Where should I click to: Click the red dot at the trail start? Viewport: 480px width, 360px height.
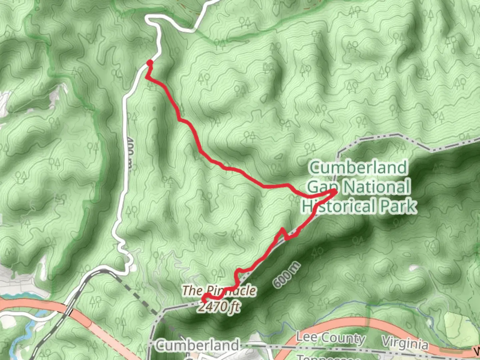tap(150, 62)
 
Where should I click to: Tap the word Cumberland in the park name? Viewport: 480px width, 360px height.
tap(358, 167)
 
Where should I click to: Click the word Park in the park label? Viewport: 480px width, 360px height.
tap(399, 206)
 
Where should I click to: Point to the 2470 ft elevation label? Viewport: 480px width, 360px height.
tap(219, 306)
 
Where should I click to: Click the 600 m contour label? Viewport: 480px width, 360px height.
tap(286, 275)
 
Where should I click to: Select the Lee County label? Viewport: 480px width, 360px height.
tap(330, 338)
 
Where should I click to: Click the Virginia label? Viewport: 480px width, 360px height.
tap(405, 343)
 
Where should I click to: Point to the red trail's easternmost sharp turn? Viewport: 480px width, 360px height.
tap(334, 191)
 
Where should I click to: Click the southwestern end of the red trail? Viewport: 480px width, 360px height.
tap(203, 301)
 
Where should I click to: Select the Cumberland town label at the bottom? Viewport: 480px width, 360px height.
tap(197, 345)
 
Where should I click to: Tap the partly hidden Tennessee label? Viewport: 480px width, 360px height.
tap(328, 358)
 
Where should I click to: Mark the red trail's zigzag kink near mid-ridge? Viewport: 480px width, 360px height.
tap(284, 233)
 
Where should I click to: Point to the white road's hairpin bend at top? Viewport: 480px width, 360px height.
tap(148, 21)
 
